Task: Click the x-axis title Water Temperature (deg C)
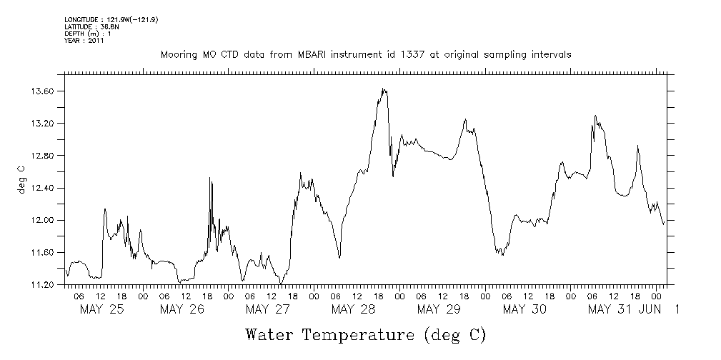365,334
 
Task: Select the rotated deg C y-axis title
21,179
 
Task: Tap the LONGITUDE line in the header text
111,20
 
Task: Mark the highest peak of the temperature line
384,89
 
